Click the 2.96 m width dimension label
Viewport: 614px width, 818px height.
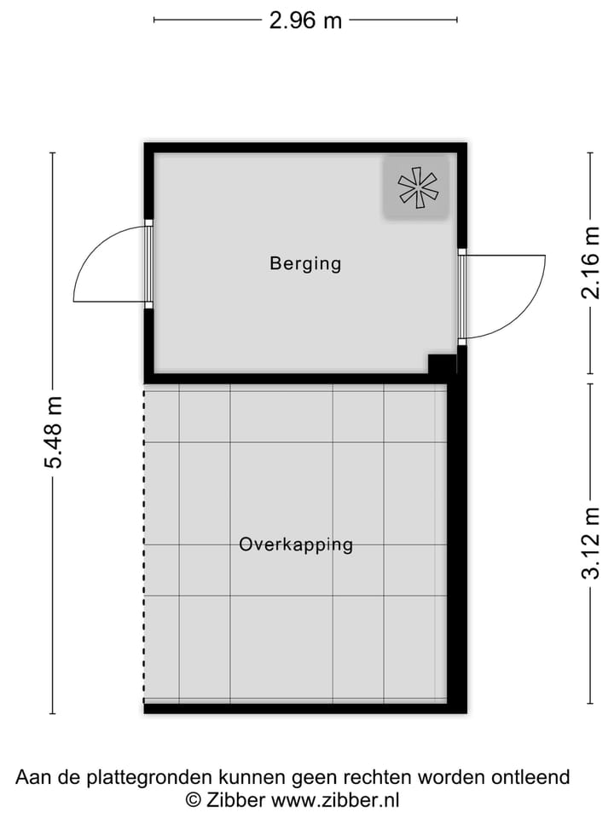coord(305,20)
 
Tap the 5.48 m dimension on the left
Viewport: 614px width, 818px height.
coord(53,433)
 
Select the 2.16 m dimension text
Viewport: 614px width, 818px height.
coord(590,263)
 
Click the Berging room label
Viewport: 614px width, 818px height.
coord(305,263)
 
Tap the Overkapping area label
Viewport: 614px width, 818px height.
coord(296,544)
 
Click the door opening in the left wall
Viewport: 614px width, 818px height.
coord(148,264)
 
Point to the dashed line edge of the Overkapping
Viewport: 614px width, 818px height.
coord(144,545)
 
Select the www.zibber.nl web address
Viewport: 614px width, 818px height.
coord(335,800)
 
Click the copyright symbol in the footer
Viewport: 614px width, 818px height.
coord(194,800)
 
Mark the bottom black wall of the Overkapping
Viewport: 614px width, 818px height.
coord(298,708)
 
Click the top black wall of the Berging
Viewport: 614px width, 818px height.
coord(305,147)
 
